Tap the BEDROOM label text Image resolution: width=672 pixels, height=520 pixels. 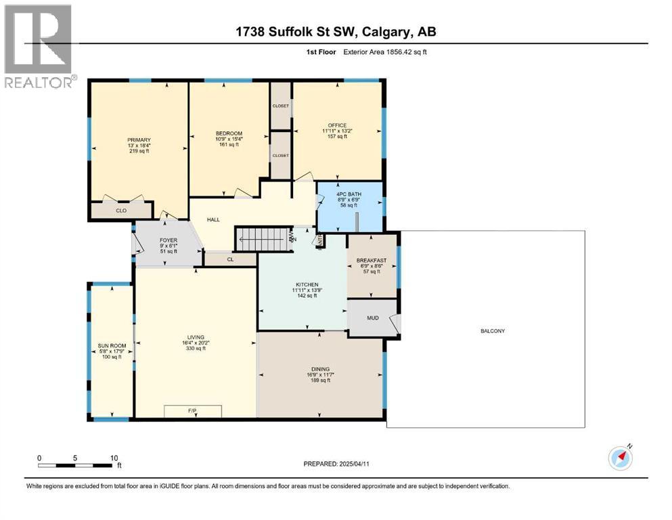pos(229,133)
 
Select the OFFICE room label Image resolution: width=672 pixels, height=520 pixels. pos(337,125)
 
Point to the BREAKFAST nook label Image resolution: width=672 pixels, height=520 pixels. pos(372,261)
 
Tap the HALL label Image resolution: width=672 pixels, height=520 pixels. pos(214,219)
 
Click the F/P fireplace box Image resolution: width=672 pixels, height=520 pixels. pos(193,411)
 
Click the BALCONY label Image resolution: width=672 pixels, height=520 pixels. pos(493,331)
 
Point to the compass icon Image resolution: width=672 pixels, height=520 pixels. pos(621,458)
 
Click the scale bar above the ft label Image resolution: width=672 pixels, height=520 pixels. pos(74,465)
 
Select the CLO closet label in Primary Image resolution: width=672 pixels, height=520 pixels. pos(121,211)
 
